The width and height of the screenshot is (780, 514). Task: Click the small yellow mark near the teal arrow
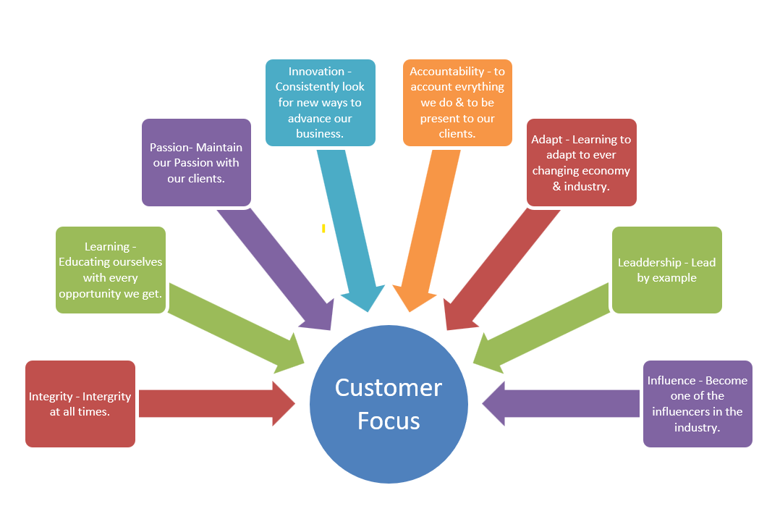(x=323, y=228)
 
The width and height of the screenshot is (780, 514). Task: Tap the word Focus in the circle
(x=389, y=421)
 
